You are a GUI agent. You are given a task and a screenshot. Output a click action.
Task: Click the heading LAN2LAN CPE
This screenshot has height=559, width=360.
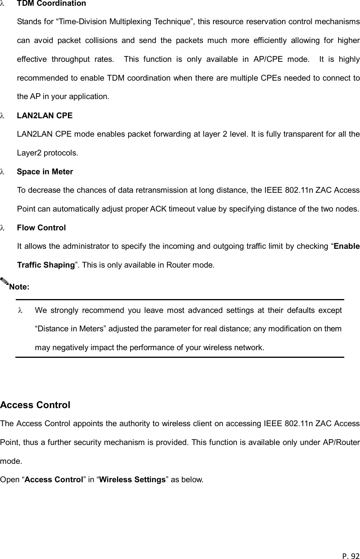coord(45,116)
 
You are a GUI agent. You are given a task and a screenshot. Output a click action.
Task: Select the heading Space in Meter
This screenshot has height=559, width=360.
coord(45,172)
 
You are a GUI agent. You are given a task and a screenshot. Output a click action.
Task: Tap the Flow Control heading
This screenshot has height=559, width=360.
coord(41,228)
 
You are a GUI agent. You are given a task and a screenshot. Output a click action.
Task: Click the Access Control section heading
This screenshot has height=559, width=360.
coord(35,405)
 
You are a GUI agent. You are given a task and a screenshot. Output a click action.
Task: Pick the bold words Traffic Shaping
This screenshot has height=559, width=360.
coord(46,265)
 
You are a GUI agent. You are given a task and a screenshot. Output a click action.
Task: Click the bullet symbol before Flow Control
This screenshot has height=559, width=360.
coord(2,228)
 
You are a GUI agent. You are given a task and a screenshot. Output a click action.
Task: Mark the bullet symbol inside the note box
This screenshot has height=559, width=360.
coord(20,311)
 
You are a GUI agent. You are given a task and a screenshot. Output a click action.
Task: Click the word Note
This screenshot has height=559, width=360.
coord(19,287)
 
